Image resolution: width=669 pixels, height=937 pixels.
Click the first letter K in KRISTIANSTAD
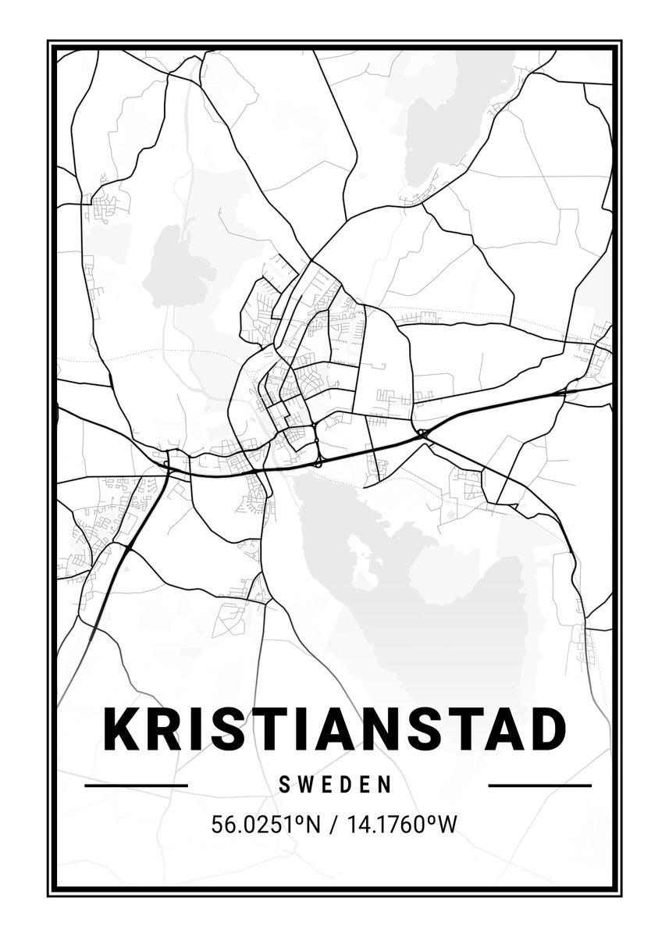pyautogui.click(x=123, y=729)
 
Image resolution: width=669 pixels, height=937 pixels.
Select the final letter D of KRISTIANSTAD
pyautogui.click(x=546, y=729)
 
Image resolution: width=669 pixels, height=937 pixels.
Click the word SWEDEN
pyautogui.click(x=335, y=785)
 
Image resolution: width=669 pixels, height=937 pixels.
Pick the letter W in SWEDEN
pyautogui.click(x=304, y=785)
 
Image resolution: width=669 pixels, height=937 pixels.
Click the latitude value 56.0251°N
pyautogui.click(x=266, y=825)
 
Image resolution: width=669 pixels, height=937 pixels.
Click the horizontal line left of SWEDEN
pyautogui.click(x=136, y=786)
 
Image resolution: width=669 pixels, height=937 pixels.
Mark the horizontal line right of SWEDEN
pyautogui.click(x=539, y=786)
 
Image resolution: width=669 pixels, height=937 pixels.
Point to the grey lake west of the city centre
pyautogui.click(x=178, y=265)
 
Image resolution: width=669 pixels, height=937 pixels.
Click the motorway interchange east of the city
pyautogui.click(x=422, y=433)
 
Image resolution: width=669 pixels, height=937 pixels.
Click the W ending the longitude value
pyautogui.click(x=447, y=825)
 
